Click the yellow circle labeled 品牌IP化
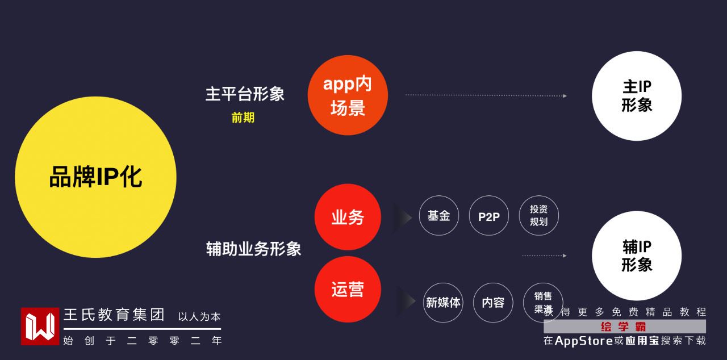coord(95,177)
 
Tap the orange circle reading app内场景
coord(348,95)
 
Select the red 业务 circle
coord(348,217)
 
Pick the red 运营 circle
coord(348,290)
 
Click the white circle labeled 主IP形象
coord(637,96)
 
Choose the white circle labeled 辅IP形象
coord(637,256)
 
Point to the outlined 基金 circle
coord(439,216)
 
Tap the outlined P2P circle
coord(488,216)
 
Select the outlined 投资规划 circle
coord(538,216)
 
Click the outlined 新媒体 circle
coord(443,303)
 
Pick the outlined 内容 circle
coord(493,303)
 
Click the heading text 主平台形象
coord(245,94)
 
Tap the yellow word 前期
coord(243,118)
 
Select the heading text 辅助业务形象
coord(253,249)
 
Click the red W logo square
coord(40,326)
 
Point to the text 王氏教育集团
coord(114,315)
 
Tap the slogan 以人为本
coord(199,317)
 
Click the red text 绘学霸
coord(624,326)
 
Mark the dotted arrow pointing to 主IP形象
coord(486,95)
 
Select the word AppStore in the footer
coord(583,341)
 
